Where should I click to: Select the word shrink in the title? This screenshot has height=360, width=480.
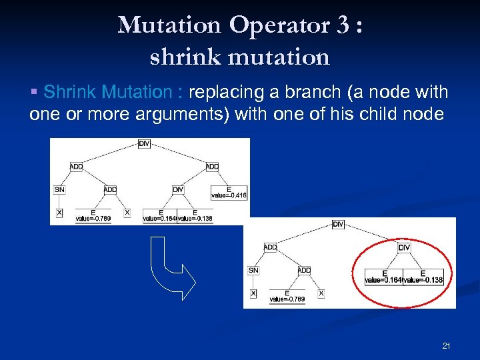coord(181,57)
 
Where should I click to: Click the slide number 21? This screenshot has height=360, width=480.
coord(447,345)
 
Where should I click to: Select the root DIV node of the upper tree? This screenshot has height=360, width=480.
coord(145,143)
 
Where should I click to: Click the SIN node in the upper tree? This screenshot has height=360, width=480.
coord(60,190)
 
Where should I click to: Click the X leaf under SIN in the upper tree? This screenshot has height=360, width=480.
coord(59,213)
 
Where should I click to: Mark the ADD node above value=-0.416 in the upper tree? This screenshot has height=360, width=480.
coord(212,166)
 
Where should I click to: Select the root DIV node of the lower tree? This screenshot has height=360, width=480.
coord(338,225)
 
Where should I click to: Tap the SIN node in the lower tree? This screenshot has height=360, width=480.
coord(253,271)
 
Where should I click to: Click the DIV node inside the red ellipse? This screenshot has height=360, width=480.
coord(404,247)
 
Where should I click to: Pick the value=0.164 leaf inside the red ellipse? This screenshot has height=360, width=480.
coord(384,277)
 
